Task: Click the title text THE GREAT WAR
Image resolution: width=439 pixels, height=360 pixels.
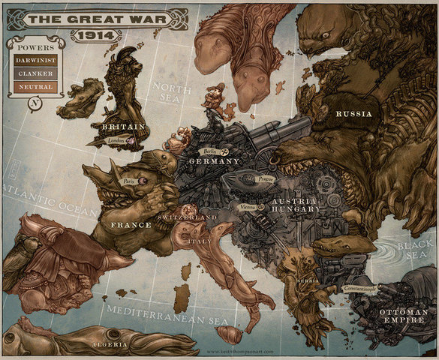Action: point(94,19)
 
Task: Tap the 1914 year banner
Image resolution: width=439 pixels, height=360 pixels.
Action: point(95,35)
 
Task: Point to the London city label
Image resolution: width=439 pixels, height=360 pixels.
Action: point(116,140)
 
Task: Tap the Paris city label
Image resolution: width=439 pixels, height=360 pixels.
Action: point(129,181)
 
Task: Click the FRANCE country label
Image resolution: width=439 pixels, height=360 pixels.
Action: point(131,224)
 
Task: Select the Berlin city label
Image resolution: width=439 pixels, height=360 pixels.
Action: point(210,151)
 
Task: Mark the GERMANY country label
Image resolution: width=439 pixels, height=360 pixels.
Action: point(214,161)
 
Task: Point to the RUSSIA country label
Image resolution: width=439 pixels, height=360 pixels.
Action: point(353,114)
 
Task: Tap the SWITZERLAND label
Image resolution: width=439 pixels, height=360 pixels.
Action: point(188,217)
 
